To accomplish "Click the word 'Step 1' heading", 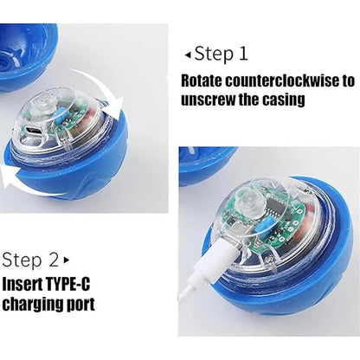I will (222, 54).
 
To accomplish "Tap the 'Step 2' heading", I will (31, 259).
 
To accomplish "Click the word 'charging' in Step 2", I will (36, 304).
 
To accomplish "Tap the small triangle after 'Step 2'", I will (67, 260).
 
